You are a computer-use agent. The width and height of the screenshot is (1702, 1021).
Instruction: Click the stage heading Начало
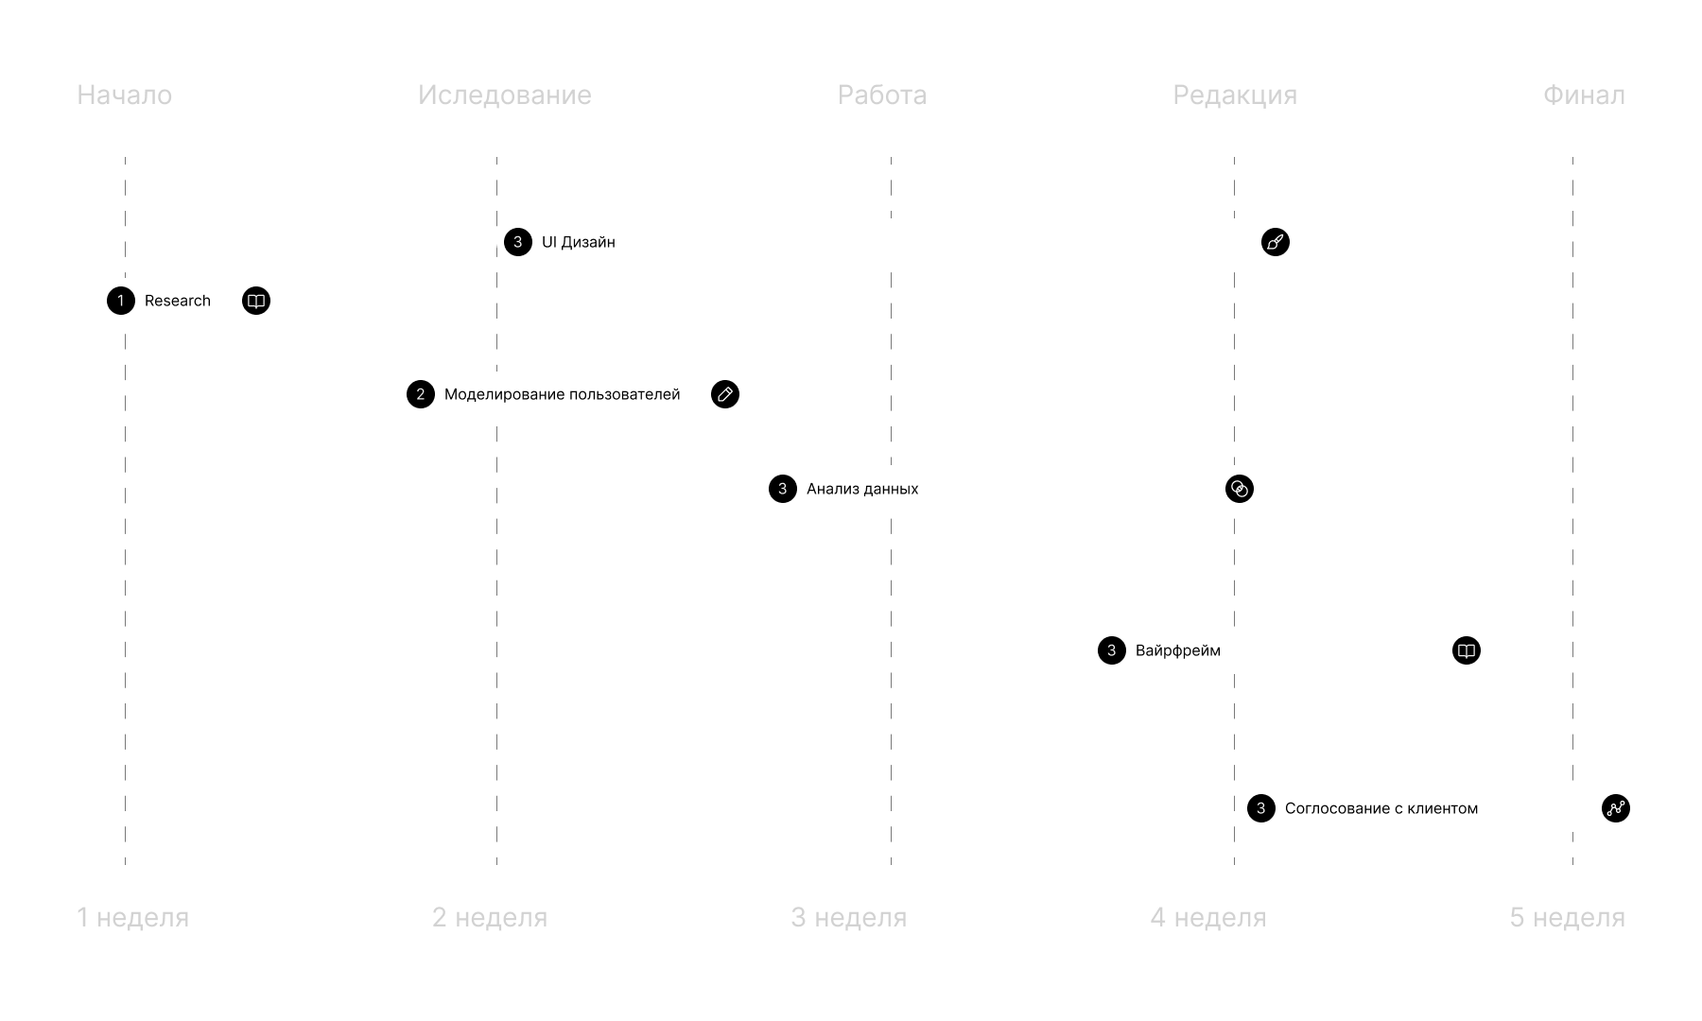tap(124, 95)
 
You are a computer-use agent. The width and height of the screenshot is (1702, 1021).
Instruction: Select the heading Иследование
tap(505, 95)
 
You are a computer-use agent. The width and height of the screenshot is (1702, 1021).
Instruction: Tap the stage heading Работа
tap(882, 95)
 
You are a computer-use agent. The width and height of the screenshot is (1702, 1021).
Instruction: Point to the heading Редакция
tap(1235, 95)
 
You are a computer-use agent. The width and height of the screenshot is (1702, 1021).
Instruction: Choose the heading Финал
tap(1584, 95)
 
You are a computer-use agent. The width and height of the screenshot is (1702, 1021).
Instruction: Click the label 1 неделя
tap(132, 917)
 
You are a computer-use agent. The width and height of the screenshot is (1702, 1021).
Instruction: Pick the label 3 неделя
tap(848, 917)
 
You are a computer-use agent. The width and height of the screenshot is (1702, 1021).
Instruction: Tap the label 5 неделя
tap(1567, 917)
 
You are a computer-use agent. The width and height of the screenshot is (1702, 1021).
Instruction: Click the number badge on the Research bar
tap(121, 301)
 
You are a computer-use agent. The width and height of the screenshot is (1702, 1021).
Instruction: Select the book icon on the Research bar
tap(255, 301)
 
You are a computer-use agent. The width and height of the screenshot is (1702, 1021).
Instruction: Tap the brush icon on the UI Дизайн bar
tap(1275, 242)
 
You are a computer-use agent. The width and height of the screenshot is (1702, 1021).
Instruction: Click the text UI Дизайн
tap(578, 242)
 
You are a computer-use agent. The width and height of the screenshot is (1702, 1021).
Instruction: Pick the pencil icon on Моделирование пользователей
tap(724, 394)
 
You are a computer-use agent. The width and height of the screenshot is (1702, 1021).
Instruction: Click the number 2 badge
tap(421, 394)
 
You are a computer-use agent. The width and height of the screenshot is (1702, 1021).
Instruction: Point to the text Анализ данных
tap(861, 489)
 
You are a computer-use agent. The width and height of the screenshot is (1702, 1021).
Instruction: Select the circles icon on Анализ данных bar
tap(1239, 489)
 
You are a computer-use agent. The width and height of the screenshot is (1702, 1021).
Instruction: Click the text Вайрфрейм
tap(1177, 650)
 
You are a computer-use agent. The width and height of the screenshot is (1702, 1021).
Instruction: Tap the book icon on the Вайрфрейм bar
tap(1466, 650)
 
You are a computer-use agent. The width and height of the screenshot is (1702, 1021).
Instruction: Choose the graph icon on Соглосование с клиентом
tap(1615, 808)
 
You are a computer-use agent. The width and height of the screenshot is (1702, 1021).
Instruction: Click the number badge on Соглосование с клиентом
tap(1260, 808)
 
